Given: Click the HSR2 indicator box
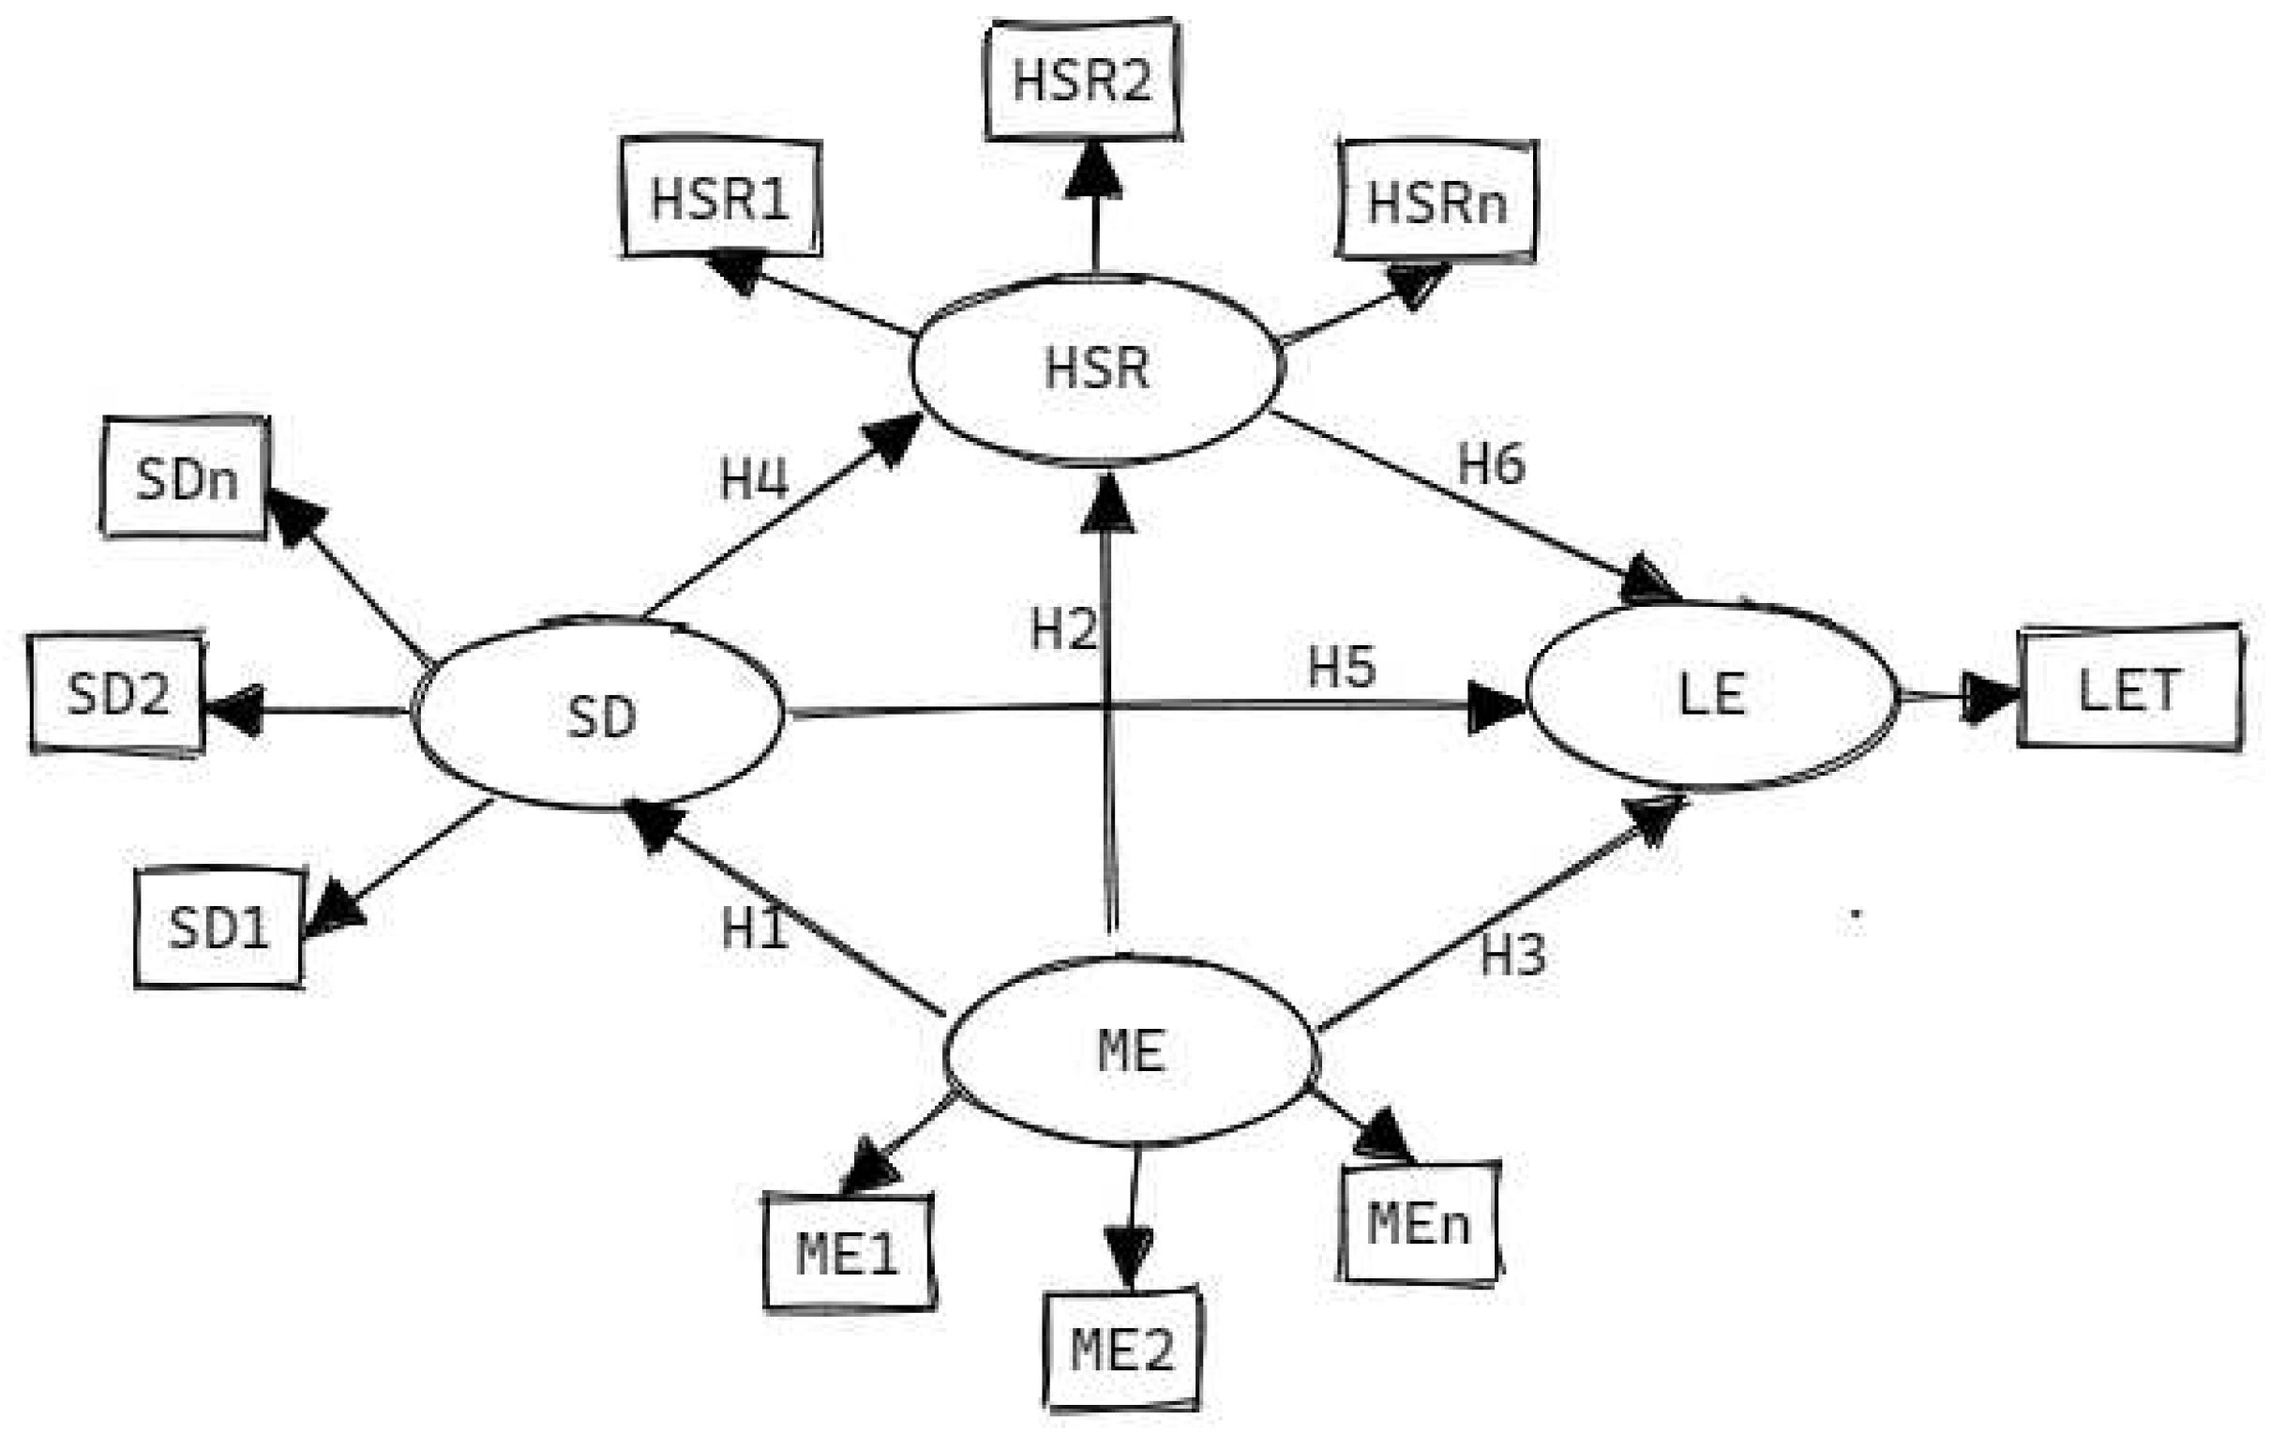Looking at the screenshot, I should (1082, 81).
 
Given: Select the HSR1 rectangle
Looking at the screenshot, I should (720, 199).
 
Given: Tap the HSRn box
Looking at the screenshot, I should (1436, 201).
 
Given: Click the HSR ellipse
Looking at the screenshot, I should (1097, 368).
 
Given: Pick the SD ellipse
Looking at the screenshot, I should (600, 715).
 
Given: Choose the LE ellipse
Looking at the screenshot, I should (1711, 695).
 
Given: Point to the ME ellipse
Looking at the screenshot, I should (1131, 1051).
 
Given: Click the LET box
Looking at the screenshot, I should (2128, 688).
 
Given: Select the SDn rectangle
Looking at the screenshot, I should (186, 478).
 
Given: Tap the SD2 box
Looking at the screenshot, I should (118, 693).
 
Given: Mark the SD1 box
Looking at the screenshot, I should (218, 928).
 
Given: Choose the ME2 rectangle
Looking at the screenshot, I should (1122, 1349).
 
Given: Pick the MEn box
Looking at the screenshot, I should (1420, 1224).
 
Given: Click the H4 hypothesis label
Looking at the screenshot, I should (754, 479).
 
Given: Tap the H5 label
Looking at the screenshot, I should (1341, 666).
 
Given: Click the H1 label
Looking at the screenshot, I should (755, 928).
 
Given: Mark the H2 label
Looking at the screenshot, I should (1063, 629).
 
